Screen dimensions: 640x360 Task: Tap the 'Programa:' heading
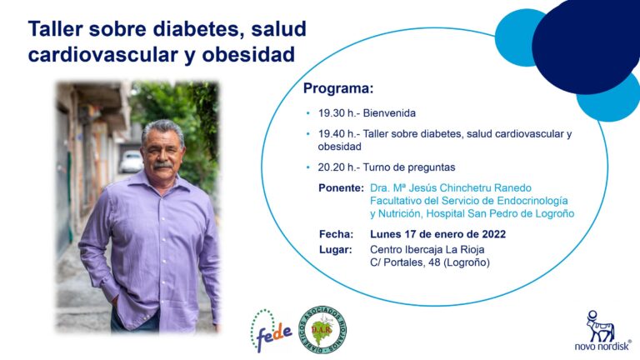(x=338, y=88)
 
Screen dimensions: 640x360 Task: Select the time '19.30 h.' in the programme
(x=337, y=113)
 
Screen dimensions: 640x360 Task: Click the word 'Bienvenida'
(x=389, y=113)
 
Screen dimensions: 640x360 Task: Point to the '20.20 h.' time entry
(x=337, y=167)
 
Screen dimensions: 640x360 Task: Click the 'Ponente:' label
(x=341, y=188)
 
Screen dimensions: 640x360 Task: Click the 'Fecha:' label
(x=337, y=234)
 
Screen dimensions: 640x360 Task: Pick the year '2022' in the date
(x=494, y=234)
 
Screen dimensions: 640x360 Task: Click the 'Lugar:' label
(x=336, y=250)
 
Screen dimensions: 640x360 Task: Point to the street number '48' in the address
(x=434, y=262)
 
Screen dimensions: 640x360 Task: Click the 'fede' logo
(x=272, y=331)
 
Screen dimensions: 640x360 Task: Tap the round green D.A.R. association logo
(x=322, y=330)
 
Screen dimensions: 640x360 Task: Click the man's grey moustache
(x=162, y=165)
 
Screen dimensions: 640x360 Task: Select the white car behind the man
(x=131, y=161)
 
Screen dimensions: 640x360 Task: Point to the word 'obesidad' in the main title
(x=248, y=55)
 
